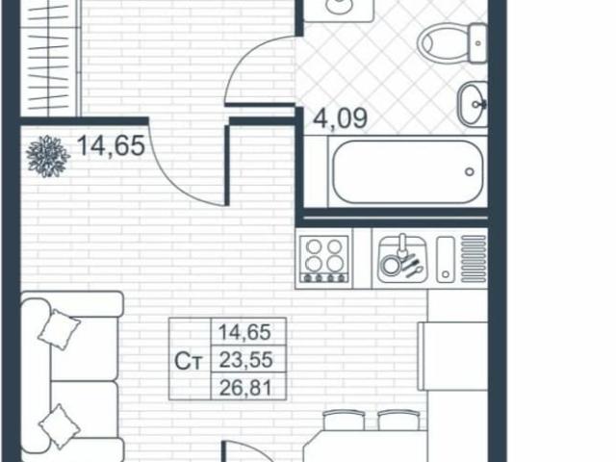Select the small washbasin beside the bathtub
pyautogui.click(x=473, y=102)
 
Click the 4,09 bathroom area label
pyautogui.click(x=342, y=123)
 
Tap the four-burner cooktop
pyautogui.click(x=323, y=258)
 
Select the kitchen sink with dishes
pyautogui.click(x=398, y=258)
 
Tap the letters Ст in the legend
pyautogui.click(x=189, y=362)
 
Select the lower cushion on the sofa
pyautogui.click(x=60, y=424)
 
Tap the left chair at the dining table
pyautogui.click(x=344, y=420)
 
